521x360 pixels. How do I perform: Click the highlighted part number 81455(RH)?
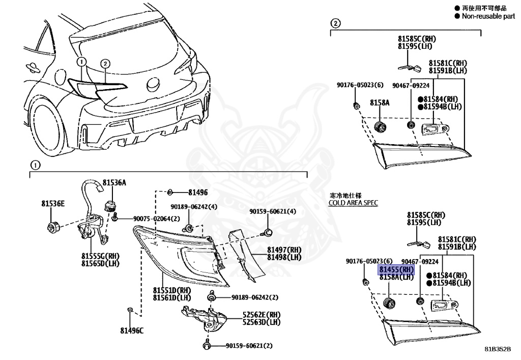(x=396, y=269)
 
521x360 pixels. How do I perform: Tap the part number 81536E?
(x=53, y=204)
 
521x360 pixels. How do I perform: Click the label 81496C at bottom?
(x=132, y=331)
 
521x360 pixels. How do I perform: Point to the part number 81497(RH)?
(x=284, y=250)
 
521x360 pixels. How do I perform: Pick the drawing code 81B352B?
(x=497, y=350)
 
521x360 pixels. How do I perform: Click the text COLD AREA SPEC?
(x=353, y=203)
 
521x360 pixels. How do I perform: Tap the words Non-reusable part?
(x=488, y=16)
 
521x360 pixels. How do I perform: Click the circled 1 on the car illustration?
(x=80, y=62)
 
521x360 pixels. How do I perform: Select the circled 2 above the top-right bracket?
(x=335, y=23)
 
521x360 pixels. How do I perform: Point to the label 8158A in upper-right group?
(x=380, y=102)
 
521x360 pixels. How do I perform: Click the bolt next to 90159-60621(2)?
(x=208, y=346)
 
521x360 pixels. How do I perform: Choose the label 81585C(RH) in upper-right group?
(x=417, y=39)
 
